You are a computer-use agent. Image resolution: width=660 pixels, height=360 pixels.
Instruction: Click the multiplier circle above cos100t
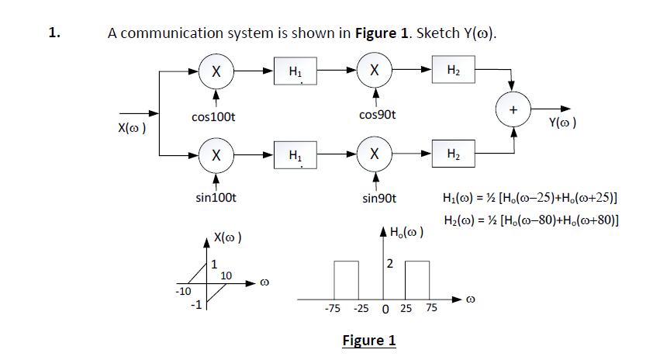point(218,71)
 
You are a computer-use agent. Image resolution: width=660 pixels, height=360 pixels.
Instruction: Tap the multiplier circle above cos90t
point(375,71)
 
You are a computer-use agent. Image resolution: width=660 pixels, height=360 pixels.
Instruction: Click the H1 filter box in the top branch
point(295,71)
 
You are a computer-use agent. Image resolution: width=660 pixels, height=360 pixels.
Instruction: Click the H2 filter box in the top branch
point(454,71)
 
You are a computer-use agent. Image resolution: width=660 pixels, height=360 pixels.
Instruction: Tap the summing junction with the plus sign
point(512,110)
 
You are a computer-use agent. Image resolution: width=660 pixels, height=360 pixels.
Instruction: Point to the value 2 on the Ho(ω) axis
point(391,265)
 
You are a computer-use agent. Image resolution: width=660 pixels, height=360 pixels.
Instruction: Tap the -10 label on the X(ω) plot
point(181,291)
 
